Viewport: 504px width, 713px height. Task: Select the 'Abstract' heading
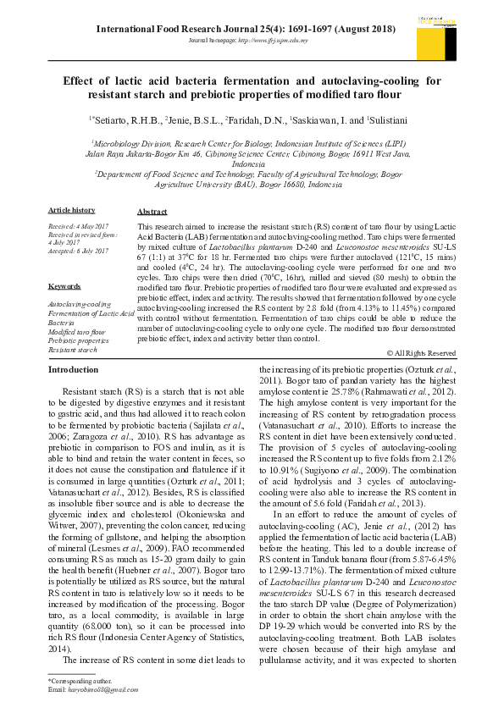pos(152,212)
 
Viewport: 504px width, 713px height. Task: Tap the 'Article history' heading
pos(71,209)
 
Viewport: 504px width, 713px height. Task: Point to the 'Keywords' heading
pos(64,288)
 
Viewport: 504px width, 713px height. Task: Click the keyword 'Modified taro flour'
pos(76,332)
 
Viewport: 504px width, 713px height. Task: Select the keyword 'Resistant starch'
pos(73,349)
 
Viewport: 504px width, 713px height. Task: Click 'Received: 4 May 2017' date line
pos(79,226)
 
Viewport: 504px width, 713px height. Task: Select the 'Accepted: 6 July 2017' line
pos(79,251)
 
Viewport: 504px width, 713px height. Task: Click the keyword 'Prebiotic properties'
pos(78,340)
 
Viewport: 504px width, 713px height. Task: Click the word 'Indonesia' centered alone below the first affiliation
pos(253,164)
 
